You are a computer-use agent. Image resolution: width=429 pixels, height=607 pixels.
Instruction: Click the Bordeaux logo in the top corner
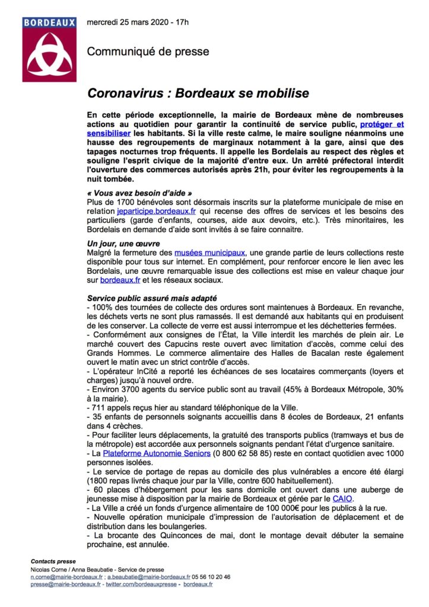coord(50,49)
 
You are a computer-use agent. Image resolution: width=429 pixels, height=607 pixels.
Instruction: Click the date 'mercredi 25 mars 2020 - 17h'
coord(138,23)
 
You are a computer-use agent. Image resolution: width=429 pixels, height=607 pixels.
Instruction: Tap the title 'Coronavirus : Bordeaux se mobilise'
coord(198,94)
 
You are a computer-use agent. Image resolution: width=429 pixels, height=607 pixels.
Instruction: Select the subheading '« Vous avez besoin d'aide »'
coord(139,193)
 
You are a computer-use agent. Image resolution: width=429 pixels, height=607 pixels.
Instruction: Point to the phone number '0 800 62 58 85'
coord(245,453)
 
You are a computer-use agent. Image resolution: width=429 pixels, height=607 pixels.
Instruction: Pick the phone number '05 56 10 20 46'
coord(211,576)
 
